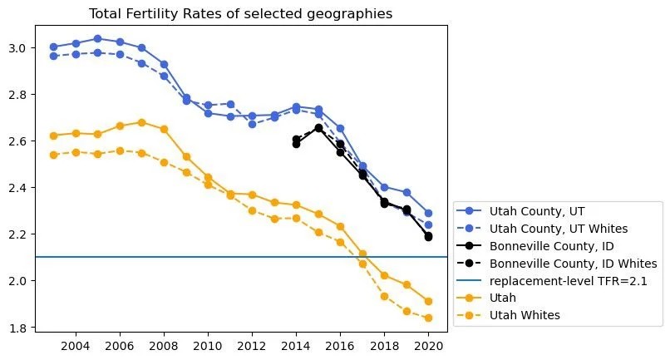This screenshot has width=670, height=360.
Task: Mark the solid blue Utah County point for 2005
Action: [97, 38]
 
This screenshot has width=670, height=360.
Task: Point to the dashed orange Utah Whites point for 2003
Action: [53, 155]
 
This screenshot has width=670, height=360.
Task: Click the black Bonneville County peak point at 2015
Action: [318, 127]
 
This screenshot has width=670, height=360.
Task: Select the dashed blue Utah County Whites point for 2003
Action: [53, 56]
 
